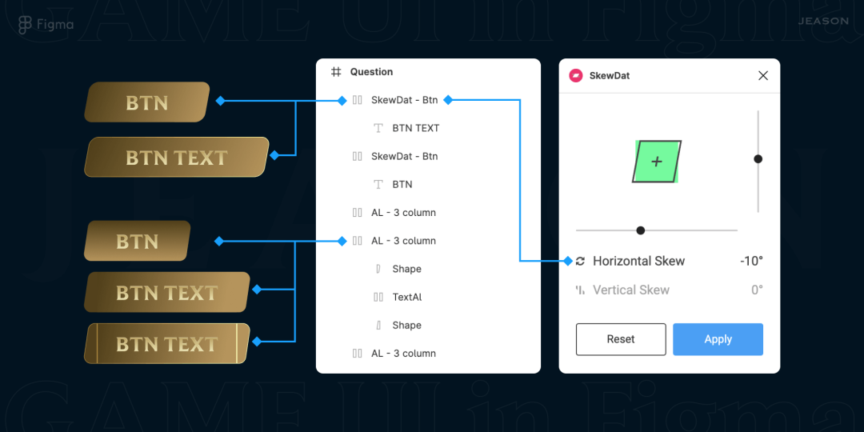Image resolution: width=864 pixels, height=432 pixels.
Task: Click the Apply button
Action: point(718,339)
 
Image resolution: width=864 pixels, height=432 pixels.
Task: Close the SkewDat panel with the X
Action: point(762,76)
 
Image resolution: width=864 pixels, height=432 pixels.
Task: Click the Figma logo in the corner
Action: point(26,25)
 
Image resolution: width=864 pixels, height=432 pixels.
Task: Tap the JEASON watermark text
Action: point(822,21)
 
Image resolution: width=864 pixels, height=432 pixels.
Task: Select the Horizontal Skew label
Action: point(638,261)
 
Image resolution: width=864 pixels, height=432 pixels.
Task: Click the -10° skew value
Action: point(750,261)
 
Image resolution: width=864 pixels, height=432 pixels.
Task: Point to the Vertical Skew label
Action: point(630,290)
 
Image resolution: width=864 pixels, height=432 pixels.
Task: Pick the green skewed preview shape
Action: point(657,162)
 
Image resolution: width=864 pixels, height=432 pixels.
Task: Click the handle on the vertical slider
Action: point(758,159)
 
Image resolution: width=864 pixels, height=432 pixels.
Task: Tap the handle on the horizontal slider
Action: point(640,230)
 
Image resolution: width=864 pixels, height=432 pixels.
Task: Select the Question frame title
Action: point(371,72)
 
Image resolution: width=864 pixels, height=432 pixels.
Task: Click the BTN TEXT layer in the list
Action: point(415,128)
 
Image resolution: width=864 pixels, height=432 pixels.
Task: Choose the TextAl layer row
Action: point(406,297)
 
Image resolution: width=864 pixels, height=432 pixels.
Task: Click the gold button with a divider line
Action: point(167,344)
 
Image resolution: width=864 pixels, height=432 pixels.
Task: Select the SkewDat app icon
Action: point(575,76)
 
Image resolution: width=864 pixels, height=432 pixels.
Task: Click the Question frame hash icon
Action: point(336,72)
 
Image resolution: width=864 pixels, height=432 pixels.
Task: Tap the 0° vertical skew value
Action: point(756,290)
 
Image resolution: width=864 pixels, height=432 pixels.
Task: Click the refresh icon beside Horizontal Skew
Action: point(580,261)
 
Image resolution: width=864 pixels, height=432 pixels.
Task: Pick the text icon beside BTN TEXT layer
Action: point(378,128)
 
